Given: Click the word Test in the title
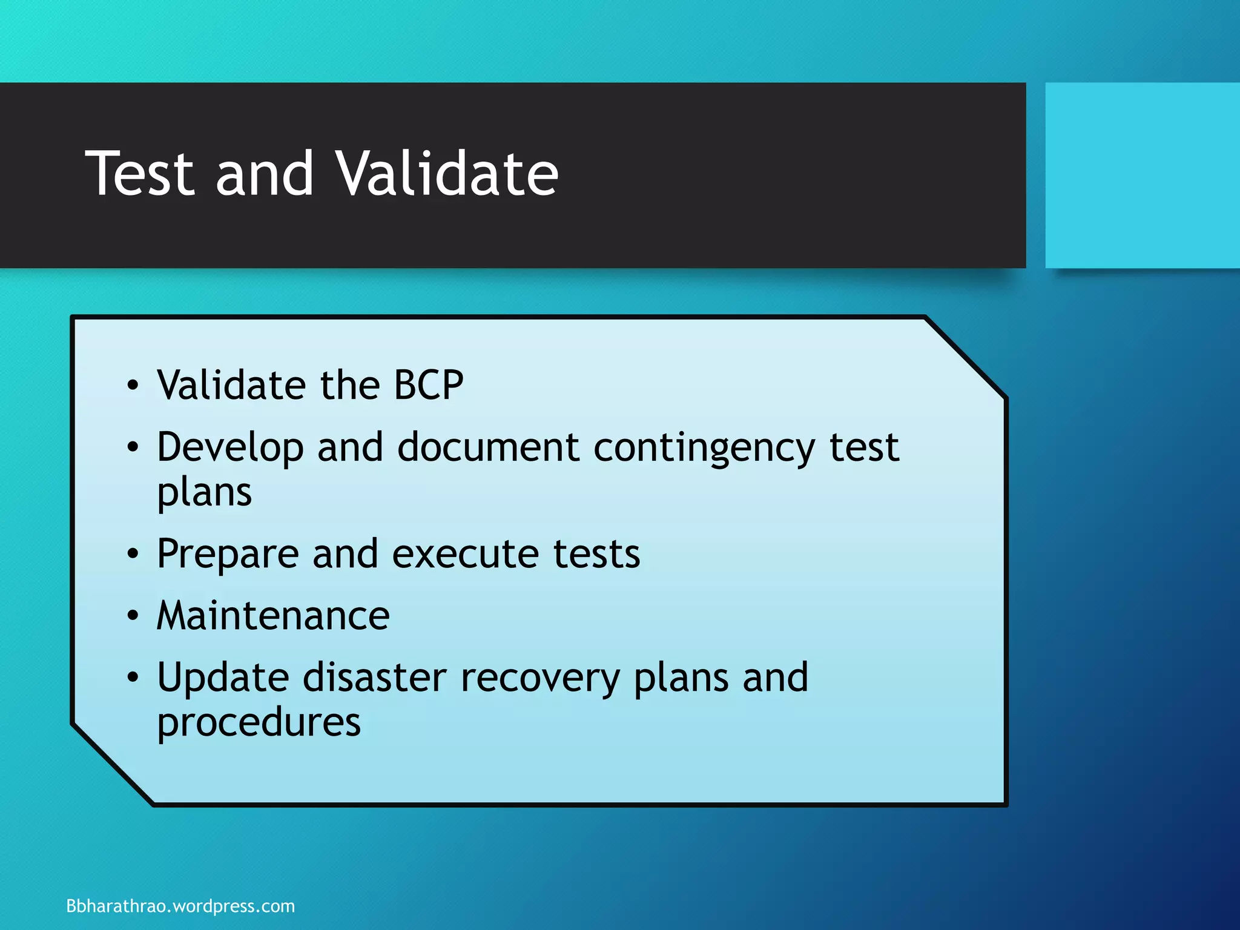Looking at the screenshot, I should click(x=140, y=174).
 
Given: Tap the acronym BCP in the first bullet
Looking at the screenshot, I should click(x=429, y=385).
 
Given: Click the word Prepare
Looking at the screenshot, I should click(x=228, y=555).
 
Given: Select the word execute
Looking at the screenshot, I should click(x=465, y=555).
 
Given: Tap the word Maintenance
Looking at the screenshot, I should click(x=273, y=616).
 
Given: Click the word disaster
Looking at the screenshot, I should click(x=374, y=678).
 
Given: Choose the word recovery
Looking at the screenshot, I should click(x=540, y=679).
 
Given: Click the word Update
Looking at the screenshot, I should click(x=223, y=679).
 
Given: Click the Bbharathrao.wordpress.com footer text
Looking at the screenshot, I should click(x=180, y=906).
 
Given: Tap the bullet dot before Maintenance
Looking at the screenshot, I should click(x=133, y=616).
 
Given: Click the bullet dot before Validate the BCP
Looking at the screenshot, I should click(x=133, y=386).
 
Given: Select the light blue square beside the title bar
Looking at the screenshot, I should click(x=1142, y=175).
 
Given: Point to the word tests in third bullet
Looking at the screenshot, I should click(x=596, y=555).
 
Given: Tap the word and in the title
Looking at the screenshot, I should click(x=265, y=174).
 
